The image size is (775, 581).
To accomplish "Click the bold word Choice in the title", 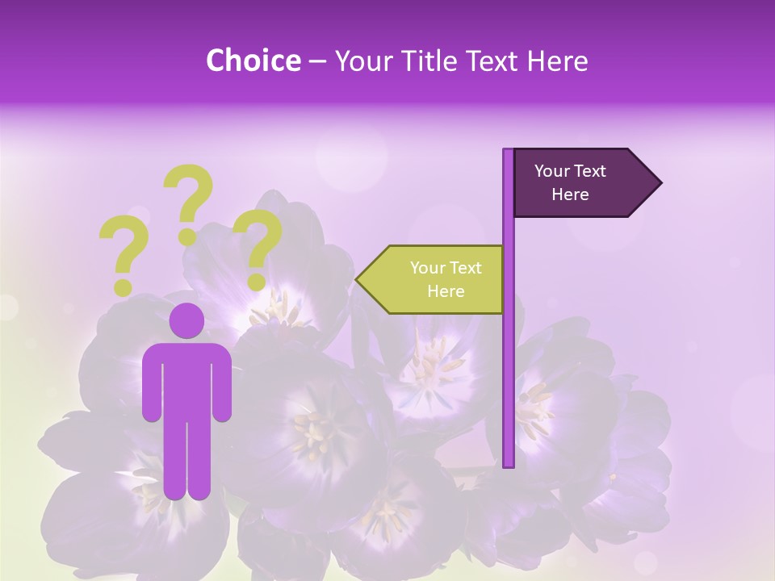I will [x=253, y=61].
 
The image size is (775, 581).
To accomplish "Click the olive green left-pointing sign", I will [x=436, y=279].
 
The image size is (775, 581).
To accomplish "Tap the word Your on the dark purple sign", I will [x=551, y=171].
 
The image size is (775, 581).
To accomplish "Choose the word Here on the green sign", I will [x=446, y=291].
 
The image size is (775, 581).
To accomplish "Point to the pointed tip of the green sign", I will [x=358, y=279].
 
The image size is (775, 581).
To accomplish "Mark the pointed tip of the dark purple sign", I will [x=660, y=183].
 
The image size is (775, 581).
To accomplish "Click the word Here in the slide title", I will [x=557, y=61].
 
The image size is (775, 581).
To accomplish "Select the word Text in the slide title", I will [x=492, y=61].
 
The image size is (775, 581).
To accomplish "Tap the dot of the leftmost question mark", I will [x=123, y=286].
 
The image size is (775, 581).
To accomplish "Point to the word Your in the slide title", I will [x=363, y=61].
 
